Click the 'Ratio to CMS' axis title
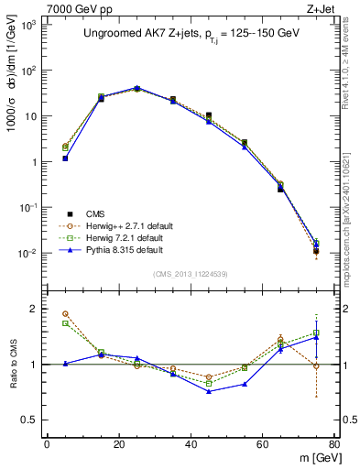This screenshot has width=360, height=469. point(12,365)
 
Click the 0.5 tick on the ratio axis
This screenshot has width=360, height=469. point(32,420)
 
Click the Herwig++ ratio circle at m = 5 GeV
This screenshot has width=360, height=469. point(65,314)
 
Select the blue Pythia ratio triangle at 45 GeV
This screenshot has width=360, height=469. point(209,391)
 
